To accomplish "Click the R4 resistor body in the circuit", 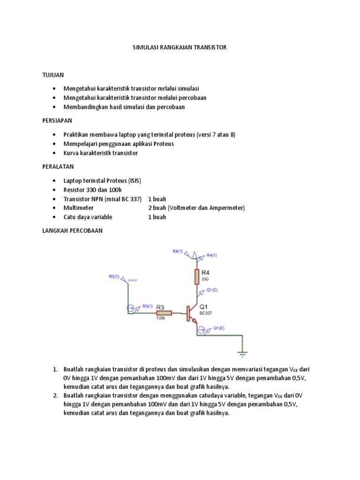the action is click(x=196, y=277).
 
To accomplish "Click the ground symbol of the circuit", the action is click(x=242, y=353).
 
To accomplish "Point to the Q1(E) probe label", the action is click(x=219, y=328).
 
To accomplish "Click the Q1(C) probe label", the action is click(x=212, y=290).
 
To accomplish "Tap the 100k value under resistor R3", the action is click(x=160, y=319).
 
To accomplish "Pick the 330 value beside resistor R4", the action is click(x=205, y=278).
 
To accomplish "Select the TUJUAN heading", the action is click(x=53, y=75).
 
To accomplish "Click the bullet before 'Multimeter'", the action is click(x=55, y=208).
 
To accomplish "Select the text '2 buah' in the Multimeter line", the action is click(x=157, y=208).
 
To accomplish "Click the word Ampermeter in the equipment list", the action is click(x=226, y=208).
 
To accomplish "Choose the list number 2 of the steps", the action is click(x=55, y=396).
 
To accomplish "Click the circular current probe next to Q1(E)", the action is click(x=201, y=330).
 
